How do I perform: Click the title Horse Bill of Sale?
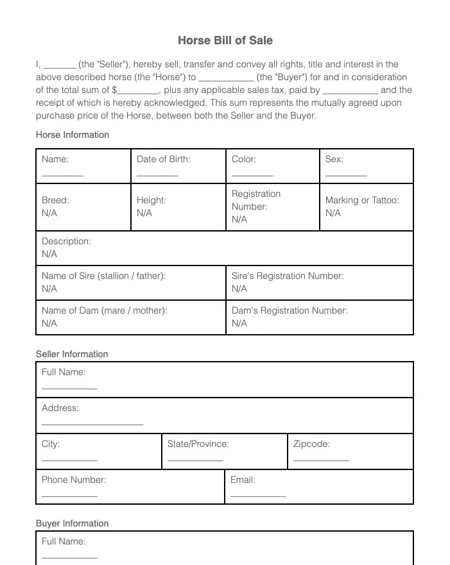click(225, 40)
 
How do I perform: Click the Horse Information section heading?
click(73, 135)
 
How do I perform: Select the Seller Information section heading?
click(72, 354)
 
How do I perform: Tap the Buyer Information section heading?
click(72, 523)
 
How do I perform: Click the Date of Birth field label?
click(163, 159)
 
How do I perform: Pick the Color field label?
click(243, 159)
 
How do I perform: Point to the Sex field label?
click(334, 159)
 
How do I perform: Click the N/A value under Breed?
click(49, 213)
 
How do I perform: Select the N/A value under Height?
click(144, 213)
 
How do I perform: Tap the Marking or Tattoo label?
click(361, 200)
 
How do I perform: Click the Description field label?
click(66, 241)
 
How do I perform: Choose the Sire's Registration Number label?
click(288, 276)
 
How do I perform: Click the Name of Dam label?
click(104, 310)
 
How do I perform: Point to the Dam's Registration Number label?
click(290, 310)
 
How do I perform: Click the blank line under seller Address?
click(92, 423)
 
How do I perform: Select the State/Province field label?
click(198, 444)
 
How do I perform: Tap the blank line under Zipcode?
click(321, 459)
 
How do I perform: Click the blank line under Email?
click(258, 495)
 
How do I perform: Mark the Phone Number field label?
click(74, 480)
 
